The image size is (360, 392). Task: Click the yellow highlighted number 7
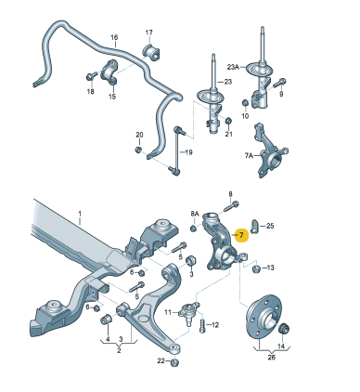tap(241, 235)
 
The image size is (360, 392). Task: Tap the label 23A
tap(234, 67)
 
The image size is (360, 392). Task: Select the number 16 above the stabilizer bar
tap(114, 37)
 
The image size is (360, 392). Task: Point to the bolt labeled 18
tap(91, 76)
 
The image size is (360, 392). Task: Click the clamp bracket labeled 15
tap(109, 73)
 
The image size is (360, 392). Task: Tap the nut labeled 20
tap(138, 150)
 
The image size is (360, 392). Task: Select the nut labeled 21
tap(228, 121)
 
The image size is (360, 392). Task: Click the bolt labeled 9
tap(279, 84)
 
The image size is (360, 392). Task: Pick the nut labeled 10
tap(245, 102)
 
